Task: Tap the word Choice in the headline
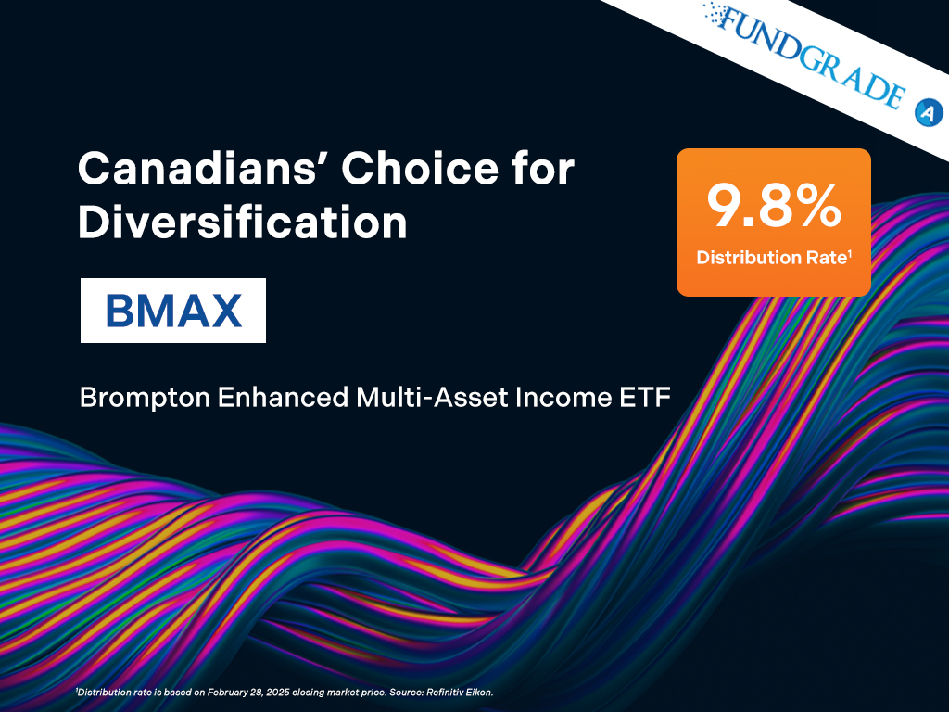pyautogui.click(x=420, y=169)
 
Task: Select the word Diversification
pyautogui.click(x=243, y=222)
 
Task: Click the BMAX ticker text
pyautogui.click(x=173, y=311)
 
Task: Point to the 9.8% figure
pyautogui.click(x=774, y=206)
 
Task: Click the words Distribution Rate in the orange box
pyautogui.click(x=771, y=258)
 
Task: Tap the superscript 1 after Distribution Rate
pyautogui.click(x=850, y=253)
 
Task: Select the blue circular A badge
pyautogui.click(x=929, y=112)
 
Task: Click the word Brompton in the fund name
pyautogui.click(x=145, y=399)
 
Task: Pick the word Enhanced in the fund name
pyautogui.click(x=283, y=397)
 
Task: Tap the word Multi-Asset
pyautogui.click(x=432, y=397)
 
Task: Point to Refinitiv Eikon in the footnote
pyautogui.click(x=460, y=692)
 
